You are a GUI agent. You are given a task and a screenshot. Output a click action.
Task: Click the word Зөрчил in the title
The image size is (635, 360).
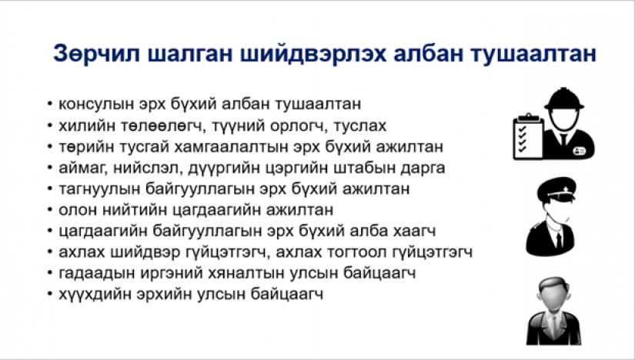click(97, 54)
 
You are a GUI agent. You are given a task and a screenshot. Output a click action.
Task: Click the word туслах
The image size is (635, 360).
click(360, 125)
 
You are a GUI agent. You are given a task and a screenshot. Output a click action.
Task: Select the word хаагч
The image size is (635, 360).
click(415, 231)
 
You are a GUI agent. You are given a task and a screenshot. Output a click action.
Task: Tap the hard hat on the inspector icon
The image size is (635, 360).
click(563, 98)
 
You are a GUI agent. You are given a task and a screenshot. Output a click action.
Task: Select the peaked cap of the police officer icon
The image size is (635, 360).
click(556, 188)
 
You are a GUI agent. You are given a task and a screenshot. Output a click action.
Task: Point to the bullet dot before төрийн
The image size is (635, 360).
click(50, 147)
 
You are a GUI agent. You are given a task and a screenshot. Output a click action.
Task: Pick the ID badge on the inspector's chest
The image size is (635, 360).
click(579, 151)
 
